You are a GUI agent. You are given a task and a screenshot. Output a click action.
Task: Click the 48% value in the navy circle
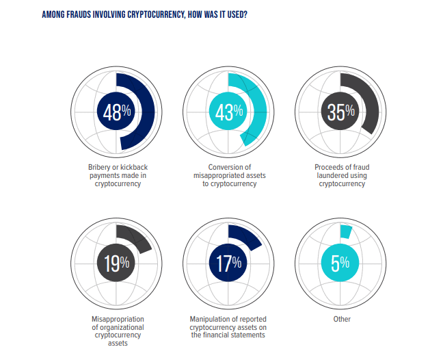coord(117,112)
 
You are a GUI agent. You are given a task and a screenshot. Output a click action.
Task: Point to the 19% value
coord(117,263)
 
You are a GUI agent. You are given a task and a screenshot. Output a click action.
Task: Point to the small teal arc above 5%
coord(345,232)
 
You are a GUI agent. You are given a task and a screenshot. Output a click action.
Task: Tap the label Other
coord(340,319)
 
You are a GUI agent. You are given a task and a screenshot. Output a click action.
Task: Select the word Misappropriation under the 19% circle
coord(117,319)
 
